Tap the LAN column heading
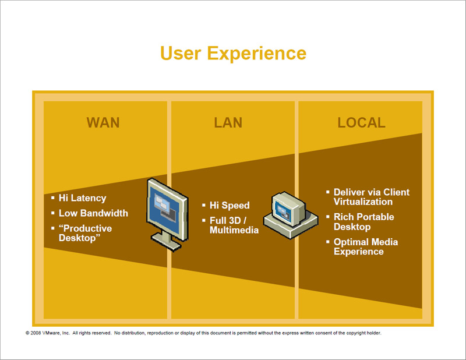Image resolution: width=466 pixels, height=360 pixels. pos(228,122)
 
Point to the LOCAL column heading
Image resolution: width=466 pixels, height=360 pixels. pos(361,122)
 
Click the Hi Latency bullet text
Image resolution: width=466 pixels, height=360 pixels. pos(82,198)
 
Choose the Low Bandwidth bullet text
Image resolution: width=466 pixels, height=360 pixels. pos(93,213)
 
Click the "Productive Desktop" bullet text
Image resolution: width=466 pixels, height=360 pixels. pos(85,233)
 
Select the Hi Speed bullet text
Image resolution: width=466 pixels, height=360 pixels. pos(230,205)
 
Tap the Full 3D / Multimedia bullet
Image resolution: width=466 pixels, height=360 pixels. pos(234,225)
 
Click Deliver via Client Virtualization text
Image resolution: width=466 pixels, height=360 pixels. pos(371,197)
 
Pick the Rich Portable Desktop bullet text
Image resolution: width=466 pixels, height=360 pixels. pos(363,222)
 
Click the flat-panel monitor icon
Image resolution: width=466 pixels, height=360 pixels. pos(167,205)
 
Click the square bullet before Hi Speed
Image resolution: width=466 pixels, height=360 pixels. pos(203,205)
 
